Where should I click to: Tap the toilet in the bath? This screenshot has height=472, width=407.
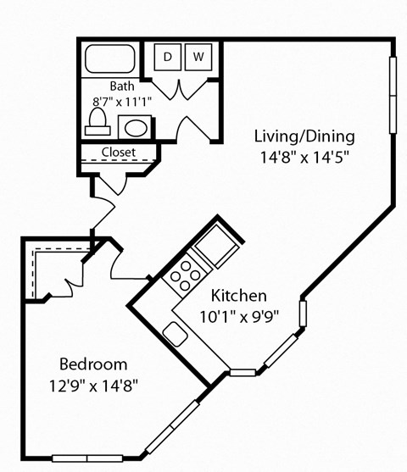(x=96, y=120)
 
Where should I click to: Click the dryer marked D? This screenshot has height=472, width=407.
(x=168, y=57)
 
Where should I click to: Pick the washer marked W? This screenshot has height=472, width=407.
(x=198, y=57)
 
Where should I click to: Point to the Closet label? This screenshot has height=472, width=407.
(x=119, y=153)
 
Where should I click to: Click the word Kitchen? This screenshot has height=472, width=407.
(x=239, y=297)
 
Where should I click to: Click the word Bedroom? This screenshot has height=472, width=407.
(x=93, y=364)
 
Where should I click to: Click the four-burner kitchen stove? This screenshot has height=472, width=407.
(x=183, y=275)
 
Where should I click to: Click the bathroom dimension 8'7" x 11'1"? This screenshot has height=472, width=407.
(x=120, y=101)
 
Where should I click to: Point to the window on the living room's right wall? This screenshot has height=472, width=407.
(x=393, y=97)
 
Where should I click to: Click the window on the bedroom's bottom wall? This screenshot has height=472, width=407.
(x=77, y=458)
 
